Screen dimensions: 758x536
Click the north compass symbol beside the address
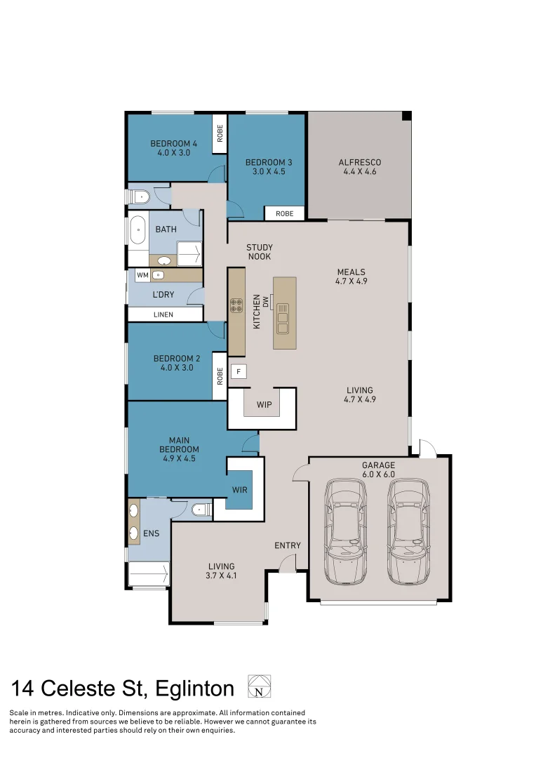259,686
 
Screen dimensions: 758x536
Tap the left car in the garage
345,531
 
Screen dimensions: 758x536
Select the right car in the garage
409,531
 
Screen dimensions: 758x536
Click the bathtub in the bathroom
138,230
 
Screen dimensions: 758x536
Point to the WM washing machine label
142,275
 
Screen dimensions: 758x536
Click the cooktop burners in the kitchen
236,306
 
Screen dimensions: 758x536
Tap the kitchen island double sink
283,318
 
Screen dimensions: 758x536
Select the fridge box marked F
239,371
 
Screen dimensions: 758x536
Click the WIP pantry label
264,405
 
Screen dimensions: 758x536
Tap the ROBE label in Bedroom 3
284,213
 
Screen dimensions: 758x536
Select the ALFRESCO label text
360,162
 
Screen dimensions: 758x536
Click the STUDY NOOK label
259,252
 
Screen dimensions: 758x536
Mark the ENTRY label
288,545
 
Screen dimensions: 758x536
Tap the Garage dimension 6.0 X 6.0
378,474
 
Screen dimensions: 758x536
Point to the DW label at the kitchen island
266,300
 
